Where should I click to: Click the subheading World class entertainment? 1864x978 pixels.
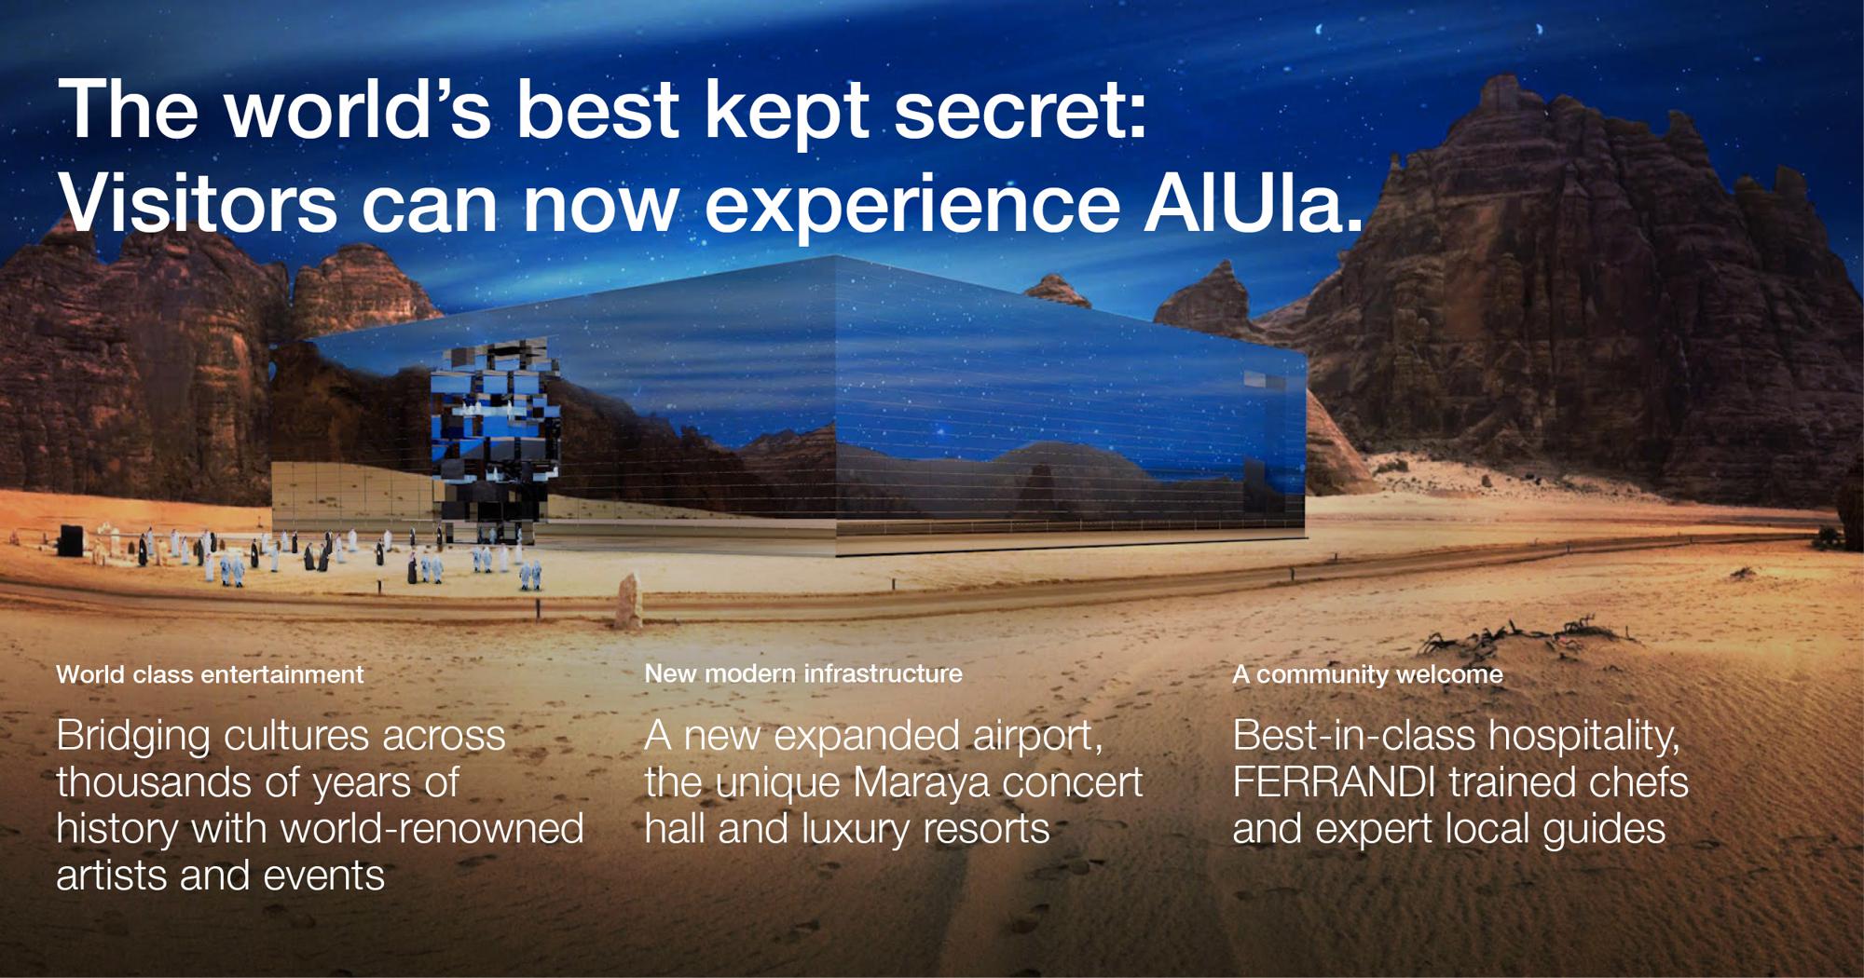[x=210, y=674]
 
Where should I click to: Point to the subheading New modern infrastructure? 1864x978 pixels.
[x=803, y=673]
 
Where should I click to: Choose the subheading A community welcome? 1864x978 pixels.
[x=1367, y=674]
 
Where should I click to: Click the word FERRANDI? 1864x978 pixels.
[x=1334, y=782]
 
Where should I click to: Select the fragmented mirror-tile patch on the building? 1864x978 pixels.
[x=495, y=438]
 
